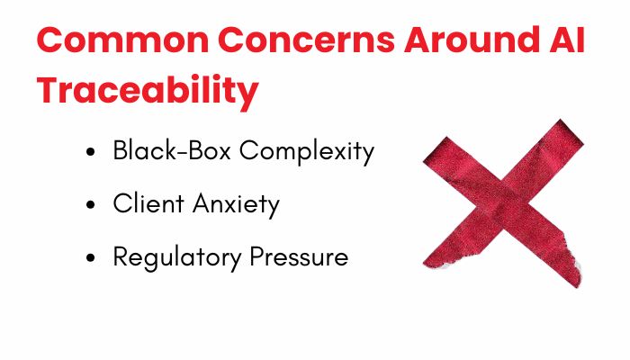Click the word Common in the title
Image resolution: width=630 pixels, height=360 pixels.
point(123,40)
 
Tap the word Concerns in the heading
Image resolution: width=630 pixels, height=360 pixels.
point(307,40)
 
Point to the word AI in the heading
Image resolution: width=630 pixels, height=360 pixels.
point(571,40)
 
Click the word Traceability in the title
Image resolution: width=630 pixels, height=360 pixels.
point(148,90)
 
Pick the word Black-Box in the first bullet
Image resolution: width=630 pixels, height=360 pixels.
point(172,150)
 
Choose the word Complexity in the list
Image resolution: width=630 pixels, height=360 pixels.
point(307,152)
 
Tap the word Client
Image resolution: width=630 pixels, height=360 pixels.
point(148,202)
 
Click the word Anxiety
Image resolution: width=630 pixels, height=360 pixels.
point(236,205)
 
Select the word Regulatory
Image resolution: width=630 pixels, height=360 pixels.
point(177,258)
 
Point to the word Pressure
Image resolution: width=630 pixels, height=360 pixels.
point(299,256)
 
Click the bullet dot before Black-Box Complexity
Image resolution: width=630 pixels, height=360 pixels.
point(91,152)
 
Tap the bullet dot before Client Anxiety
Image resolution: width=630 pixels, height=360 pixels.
point(91,205)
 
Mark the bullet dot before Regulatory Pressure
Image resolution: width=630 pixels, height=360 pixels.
point(91,257)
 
